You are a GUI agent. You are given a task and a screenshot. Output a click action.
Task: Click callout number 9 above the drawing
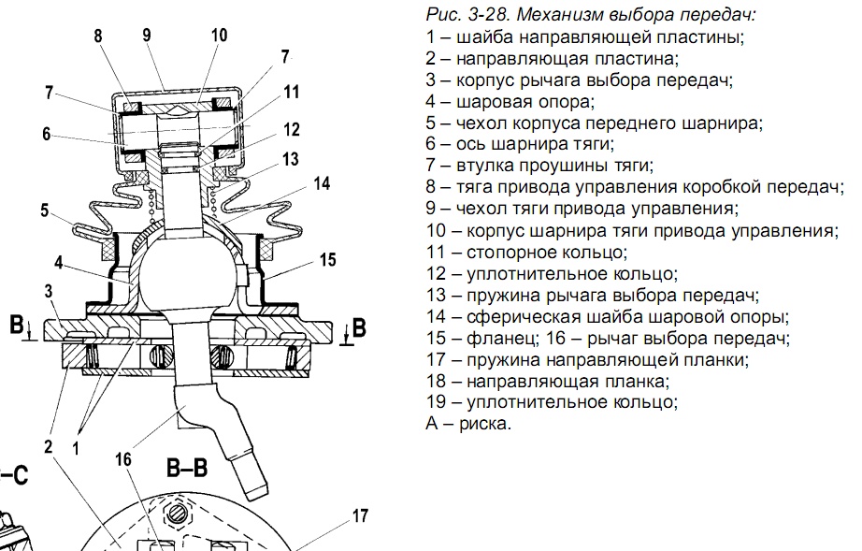[x=147, y=35]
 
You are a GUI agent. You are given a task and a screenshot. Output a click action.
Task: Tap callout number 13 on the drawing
[x=291, y=159]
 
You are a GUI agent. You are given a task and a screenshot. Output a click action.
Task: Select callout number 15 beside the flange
[x=327, y=258]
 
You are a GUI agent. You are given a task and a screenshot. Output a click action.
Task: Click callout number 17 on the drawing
[x=360, y=515]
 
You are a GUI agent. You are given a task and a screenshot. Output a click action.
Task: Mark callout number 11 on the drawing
[x=292, y=92]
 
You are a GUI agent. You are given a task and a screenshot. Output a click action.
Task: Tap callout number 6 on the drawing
[x=46, y=133]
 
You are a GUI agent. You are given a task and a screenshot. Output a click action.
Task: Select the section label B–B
[x=186, y=467]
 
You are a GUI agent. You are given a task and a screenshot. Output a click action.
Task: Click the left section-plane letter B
[x=15, y=325]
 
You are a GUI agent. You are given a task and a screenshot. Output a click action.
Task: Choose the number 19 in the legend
[x=435, y=401]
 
